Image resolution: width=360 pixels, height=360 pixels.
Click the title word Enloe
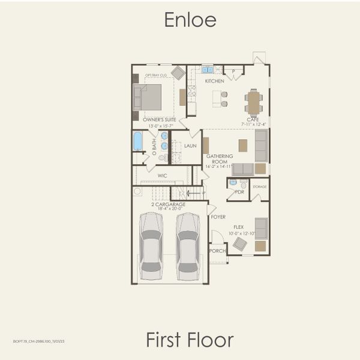(x=190, y=20)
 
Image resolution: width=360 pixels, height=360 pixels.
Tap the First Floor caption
(x=190, y=340)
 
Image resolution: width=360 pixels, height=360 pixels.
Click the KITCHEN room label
(x=214, y=81)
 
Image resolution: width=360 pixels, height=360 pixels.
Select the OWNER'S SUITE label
(x=158, y=120)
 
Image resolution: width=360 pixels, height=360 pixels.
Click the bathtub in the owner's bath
(x=138, y=141)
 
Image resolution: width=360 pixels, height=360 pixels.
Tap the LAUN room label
(x=190, y=146)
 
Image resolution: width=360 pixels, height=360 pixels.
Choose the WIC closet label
(x=162, y=176)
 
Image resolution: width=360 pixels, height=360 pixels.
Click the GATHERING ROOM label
(x=220, y=159)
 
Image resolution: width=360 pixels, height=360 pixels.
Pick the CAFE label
(x=253, y=119)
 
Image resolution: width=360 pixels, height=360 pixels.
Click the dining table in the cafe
(x=254, y=103)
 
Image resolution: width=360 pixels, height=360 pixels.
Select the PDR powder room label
(x=239, y=192)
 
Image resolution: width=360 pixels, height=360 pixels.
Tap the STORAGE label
(x=259, y=187)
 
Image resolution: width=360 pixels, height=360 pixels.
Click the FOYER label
(x=218, y=217)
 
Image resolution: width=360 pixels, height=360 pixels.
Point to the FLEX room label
(x=239, y=227)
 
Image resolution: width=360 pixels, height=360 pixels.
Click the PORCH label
(x=217, y=251)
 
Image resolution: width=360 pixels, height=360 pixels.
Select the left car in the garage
(x=151, y=246)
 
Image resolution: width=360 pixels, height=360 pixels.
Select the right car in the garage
(x=188, y=246)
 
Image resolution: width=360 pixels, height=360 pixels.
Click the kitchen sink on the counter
(x=208, y=70)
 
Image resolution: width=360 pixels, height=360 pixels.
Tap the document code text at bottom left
(x=38, y=341)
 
